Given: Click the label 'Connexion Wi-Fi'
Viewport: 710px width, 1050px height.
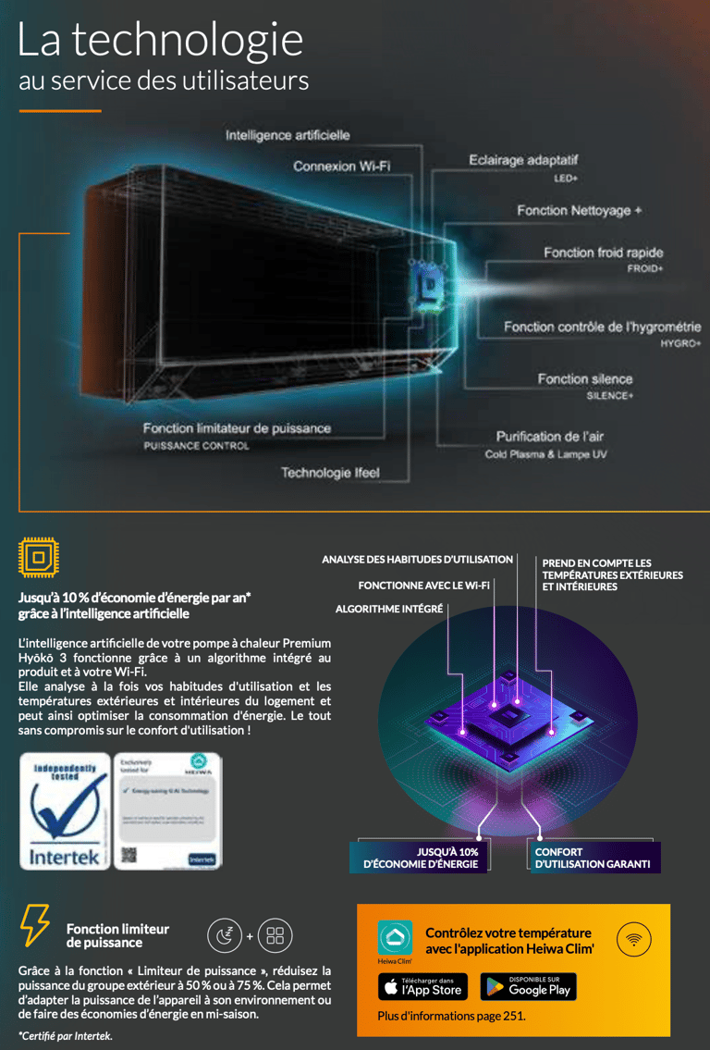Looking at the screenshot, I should click(341, 167).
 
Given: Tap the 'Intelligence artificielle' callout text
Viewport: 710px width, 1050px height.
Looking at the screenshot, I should click(288, 135).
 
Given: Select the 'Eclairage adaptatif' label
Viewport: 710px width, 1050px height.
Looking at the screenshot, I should click(522, 160).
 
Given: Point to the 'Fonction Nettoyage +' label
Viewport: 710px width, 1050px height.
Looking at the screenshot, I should click(579, 211).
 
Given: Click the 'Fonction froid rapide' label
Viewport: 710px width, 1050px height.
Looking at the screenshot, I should click(603, 253).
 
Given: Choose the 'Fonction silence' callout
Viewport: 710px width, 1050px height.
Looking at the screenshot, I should click(585, 378).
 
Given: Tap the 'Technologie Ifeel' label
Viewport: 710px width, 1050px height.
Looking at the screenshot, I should click(330, 473).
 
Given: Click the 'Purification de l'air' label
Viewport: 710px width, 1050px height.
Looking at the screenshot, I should click(549, 436).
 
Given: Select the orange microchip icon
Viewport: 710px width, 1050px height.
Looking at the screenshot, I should click(38, 557).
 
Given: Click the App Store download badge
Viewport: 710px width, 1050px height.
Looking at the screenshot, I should click(422, 986).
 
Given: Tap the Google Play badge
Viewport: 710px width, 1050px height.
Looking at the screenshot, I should click(528, 986).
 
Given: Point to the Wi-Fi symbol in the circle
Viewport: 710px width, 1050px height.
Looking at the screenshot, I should click(633, 939).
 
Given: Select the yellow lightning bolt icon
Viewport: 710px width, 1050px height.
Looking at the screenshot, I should click(35, 925).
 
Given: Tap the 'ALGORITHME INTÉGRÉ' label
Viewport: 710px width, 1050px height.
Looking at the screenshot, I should click(389, 609).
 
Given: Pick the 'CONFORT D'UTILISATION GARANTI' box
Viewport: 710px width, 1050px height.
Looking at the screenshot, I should click(593, 858).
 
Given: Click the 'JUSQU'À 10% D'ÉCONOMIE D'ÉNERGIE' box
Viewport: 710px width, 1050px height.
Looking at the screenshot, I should click(422, 858).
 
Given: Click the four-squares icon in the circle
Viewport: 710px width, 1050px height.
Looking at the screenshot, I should click(275, 935).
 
